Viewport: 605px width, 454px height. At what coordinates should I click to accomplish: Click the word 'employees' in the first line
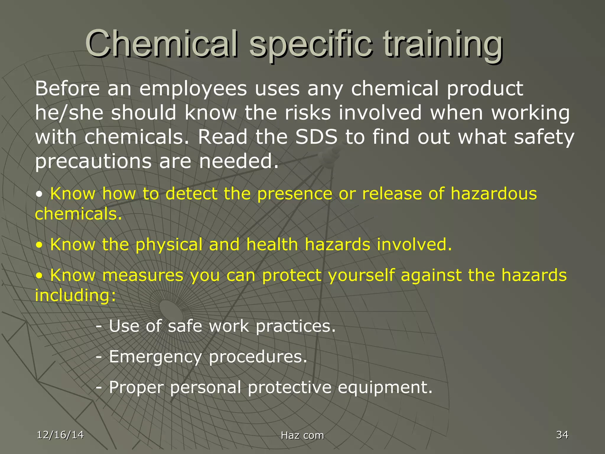193,89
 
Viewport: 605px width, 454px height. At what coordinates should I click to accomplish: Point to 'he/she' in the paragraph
69,113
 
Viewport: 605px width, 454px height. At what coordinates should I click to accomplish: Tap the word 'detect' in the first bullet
191,194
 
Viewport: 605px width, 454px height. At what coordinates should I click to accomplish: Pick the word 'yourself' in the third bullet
361,275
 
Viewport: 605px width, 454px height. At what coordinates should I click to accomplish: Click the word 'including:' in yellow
76,295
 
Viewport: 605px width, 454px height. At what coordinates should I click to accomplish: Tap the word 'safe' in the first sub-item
185,326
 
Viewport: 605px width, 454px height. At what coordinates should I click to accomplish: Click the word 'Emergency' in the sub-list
155,357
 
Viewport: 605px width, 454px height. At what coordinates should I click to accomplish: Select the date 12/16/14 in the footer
60,435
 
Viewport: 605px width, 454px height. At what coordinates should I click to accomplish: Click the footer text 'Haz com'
302,435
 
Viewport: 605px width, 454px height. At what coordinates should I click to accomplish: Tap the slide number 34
562,435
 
